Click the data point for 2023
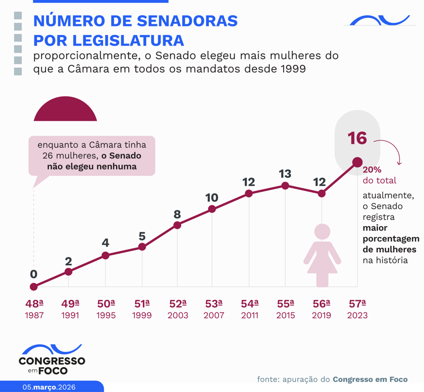coord(357,162)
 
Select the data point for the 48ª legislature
coord(34,287)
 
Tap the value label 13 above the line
coord(285,174)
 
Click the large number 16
coord(357,138)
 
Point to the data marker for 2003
coord(178,225)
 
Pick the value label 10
coord(211,198)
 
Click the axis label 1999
coord(142,316)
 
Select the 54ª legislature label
coord(249,304)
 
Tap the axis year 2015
coord(285,316)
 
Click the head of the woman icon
coord(322,232)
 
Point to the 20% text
coord(372,171)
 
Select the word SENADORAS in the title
coord(180,21)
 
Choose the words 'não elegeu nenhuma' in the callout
coord(92,166)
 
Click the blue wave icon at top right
coord(377,21)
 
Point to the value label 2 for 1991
coord(68,261)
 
